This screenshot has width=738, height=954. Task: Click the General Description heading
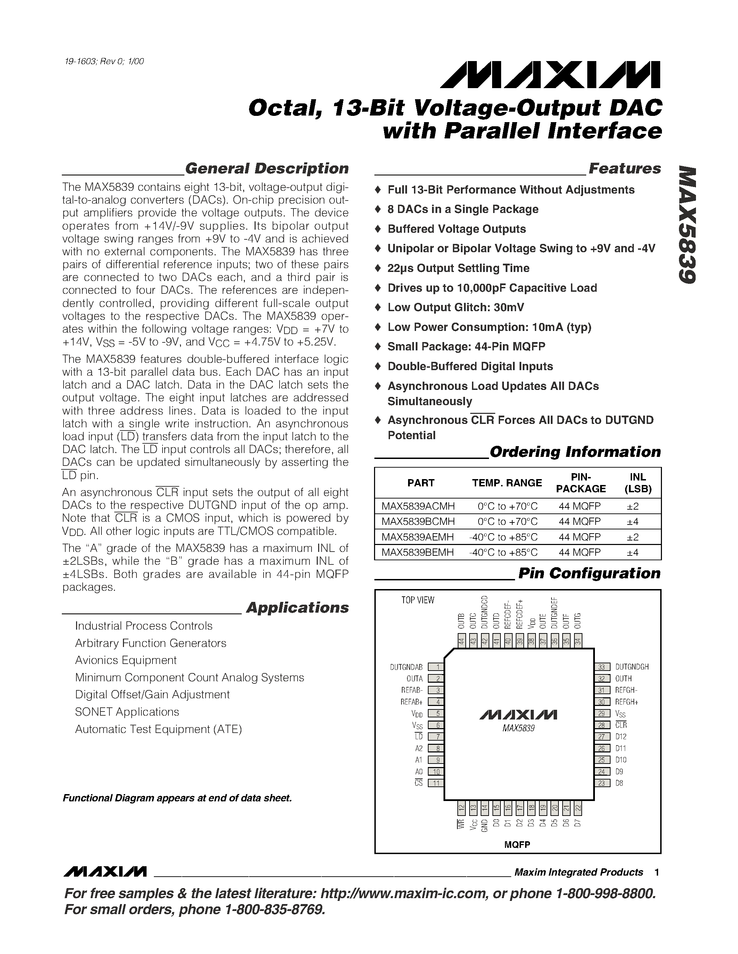click(267, 169)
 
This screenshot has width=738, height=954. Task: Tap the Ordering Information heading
click(575, 452)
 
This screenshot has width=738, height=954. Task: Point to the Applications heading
click(297, 607)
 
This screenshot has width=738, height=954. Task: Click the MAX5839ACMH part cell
click(418, 506)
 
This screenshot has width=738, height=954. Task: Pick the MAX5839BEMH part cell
click(417, 552)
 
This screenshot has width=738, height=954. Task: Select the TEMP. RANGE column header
click(507, 483)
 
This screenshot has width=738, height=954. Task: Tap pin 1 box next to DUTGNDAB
click(436, 667)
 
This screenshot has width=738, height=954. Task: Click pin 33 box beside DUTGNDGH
click(602, 667)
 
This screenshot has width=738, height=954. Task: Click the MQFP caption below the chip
click(517, 845)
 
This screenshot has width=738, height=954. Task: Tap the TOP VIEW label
click(417, 600)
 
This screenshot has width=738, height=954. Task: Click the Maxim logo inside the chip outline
click(518, 715)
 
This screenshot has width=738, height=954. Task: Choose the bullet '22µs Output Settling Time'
click(458, 268)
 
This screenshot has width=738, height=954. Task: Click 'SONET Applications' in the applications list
click(127, 712)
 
